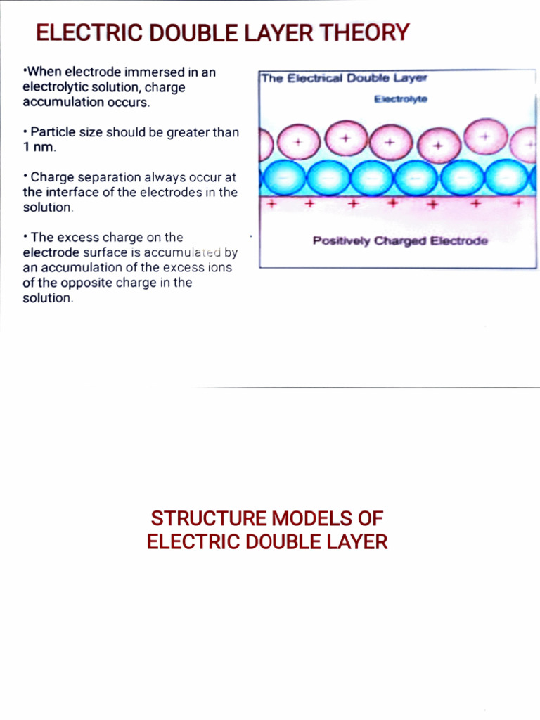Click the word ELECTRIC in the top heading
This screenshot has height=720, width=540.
(79, 32)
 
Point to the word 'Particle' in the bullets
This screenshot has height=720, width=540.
(52, 132)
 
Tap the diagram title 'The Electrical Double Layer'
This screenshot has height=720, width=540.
(344, 78)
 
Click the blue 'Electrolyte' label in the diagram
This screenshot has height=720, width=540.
(401, 99)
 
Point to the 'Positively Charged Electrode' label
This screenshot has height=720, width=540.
(400, 241)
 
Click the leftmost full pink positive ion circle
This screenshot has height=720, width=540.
(298, 142)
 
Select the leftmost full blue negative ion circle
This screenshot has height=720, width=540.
(284, 178)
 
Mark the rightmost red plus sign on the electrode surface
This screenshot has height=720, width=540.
(518, 202)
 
